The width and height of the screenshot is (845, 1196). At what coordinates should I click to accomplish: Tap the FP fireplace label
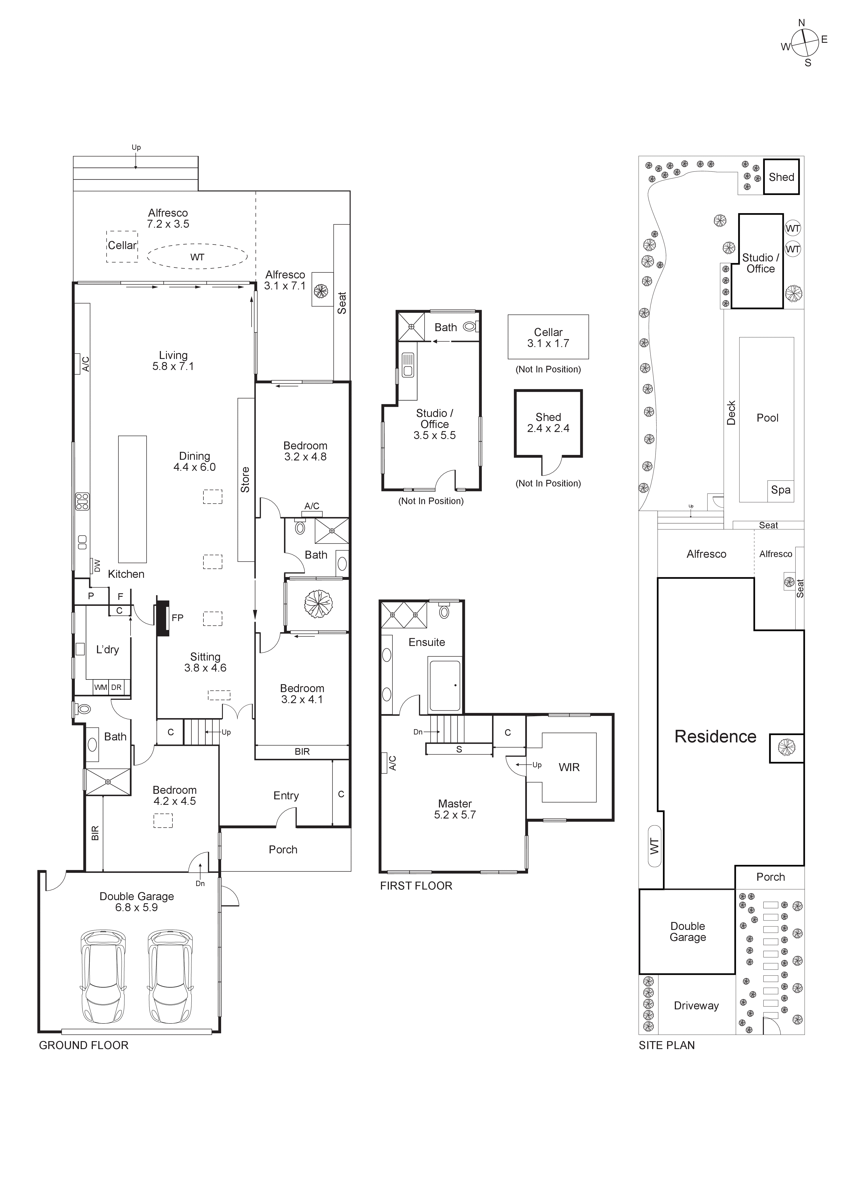click(x=177, y=618)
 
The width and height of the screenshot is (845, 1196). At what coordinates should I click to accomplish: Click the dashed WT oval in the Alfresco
click(x=197, y=257)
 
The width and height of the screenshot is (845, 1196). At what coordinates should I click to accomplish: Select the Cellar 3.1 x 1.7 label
click(x=548, y=338)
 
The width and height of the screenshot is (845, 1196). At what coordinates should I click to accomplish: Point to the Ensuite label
click(x=426, y=642)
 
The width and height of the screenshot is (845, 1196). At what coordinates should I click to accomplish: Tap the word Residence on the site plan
click(x=715, y=737)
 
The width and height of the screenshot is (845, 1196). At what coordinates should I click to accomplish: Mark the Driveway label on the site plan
click(x=696, y=1006)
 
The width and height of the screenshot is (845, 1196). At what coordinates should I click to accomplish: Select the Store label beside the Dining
click(x=245, y=479)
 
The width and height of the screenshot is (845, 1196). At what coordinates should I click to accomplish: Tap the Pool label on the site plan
click(x=767, y=418)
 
